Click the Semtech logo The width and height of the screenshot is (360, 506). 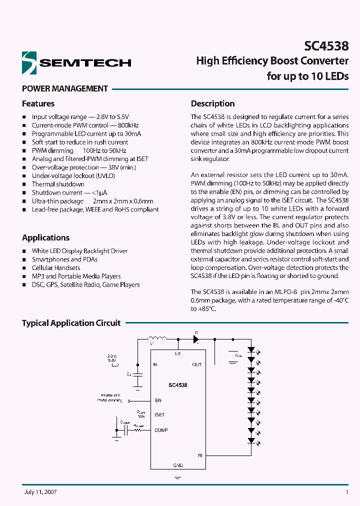point(76,62)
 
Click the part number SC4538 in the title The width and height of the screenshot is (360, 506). point(326,46)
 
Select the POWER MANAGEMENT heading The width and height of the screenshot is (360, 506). point(65,88)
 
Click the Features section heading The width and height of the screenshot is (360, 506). point(38,103)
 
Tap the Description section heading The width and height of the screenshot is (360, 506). point(212,103)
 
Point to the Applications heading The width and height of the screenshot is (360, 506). point(46,237)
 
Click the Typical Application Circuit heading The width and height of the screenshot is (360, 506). point(71,323)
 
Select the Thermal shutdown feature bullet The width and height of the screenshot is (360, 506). point(58,184)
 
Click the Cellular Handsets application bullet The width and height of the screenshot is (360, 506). point(56,267)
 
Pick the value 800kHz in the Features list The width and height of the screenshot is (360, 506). point(128,125)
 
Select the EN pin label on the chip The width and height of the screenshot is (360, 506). point(158,400)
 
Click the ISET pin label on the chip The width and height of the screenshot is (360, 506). point(159,415)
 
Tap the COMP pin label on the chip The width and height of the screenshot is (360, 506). point(161,430)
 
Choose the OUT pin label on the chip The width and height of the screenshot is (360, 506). point(197,364)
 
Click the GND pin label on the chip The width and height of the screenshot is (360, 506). point(177,465)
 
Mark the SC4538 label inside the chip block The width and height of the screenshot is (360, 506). point(177,385)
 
